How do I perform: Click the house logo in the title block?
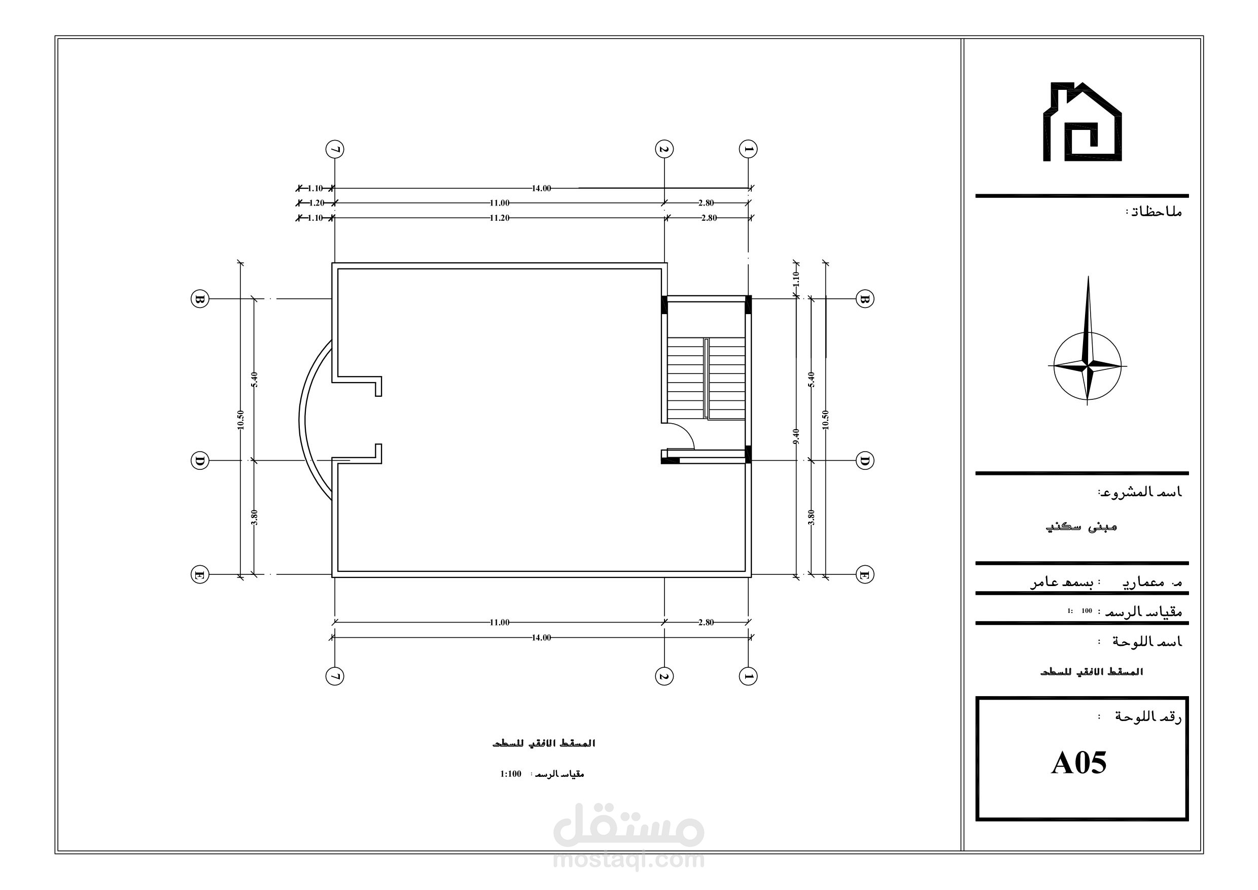point(1081,122)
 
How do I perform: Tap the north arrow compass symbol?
point(1088,366)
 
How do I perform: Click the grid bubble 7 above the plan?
point(335,149)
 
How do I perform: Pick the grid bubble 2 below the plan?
point(664,676)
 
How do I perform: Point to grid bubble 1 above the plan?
point(748,149)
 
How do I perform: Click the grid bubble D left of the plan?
point(200,460)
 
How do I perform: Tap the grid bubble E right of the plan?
point(864,574)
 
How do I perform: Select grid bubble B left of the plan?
point(200,299)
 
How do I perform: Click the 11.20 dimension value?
point(499,218)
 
